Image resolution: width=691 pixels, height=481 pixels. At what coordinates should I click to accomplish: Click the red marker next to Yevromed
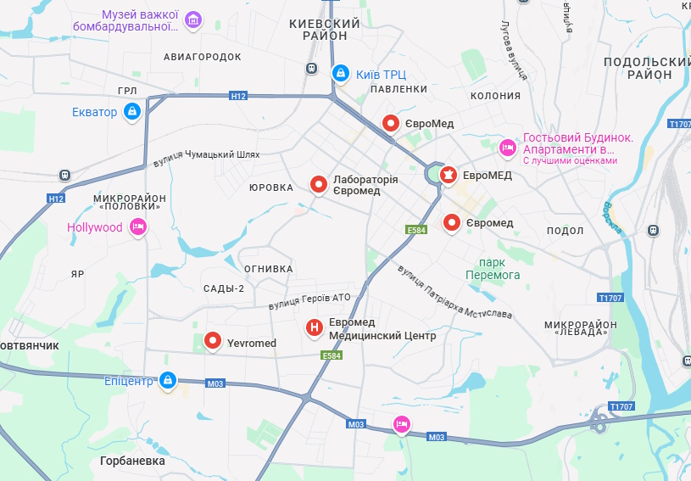point(212,342)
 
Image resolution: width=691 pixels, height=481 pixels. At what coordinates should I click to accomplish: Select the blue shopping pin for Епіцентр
point(168,380)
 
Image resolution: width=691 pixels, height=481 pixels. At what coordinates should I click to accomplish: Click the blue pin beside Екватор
point(132,111)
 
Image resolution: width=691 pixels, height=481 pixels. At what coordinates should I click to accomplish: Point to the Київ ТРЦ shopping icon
point(341,73)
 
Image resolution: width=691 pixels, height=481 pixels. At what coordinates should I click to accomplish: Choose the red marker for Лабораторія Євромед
point(319,184)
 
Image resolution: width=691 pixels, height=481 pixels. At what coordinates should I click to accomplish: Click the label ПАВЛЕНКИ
point(398,89)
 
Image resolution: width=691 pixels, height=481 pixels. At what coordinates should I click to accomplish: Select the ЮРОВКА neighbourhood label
point(271,187)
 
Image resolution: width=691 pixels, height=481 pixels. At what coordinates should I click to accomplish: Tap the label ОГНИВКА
point(268,269)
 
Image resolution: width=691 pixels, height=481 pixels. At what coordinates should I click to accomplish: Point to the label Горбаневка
point(132,461)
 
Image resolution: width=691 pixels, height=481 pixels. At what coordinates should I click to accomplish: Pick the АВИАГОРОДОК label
point(202,56)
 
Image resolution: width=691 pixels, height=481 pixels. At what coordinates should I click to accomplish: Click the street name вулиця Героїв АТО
point(309,299)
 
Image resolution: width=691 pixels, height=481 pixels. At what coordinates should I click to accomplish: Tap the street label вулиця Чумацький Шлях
point(206,158)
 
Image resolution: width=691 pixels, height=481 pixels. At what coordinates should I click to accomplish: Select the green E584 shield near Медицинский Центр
point(332,356)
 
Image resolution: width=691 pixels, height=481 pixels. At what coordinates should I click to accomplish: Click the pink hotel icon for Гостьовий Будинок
point(508,148)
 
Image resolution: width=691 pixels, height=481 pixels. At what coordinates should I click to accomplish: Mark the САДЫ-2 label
point(224,288)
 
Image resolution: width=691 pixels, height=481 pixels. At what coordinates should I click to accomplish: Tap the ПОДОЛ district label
point(566,231)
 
